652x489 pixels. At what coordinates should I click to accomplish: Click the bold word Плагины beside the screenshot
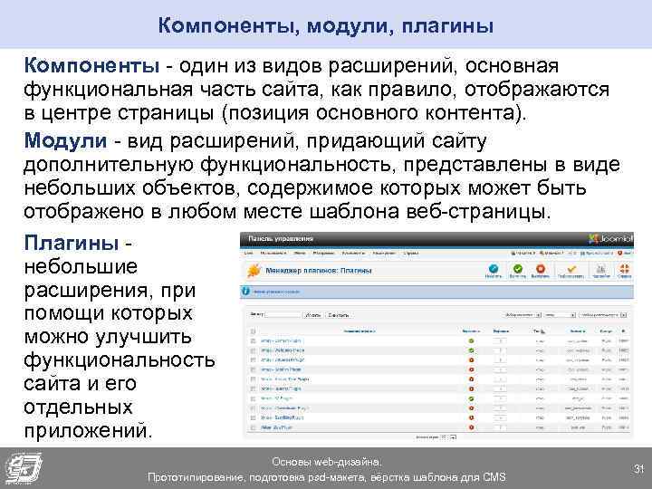click(x=71, y=244)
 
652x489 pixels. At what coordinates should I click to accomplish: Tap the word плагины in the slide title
click(x=449, y=25)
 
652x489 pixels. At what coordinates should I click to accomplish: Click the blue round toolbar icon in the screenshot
click(x=493, y=269)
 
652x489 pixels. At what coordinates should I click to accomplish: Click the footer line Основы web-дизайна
click(x=326, y=461)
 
